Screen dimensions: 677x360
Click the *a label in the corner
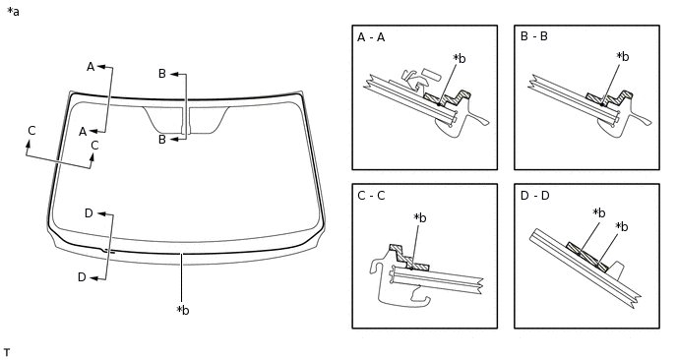(13, 12)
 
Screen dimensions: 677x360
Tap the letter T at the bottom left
(7, 353)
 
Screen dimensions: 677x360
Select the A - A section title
(371, 37)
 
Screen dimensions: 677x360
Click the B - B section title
(534, 36)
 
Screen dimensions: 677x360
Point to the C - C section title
(371, 196)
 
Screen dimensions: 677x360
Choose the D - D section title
(535, 196)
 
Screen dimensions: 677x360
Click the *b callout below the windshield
(183, 310)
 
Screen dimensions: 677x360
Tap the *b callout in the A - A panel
(460, 58)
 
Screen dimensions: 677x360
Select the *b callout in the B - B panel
(623, 56)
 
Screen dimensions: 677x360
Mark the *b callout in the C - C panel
(419, 218)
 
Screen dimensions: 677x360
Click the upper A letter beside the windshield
(91, 67)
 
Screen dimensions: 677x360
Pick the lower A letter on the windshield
(83, 132)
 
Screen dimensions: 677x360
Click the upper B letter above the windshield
(162, 74)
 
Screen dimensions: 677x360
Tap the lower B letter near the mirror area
(162, 140)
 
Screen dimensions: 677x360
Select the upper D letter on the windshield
(89, 213)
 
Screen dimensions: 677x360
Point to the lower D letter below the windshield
(82, 277)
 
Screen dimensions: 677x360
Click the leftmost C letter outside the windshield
(31, 131)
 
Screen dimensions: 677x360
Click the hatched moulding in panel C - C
(408, 258)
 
